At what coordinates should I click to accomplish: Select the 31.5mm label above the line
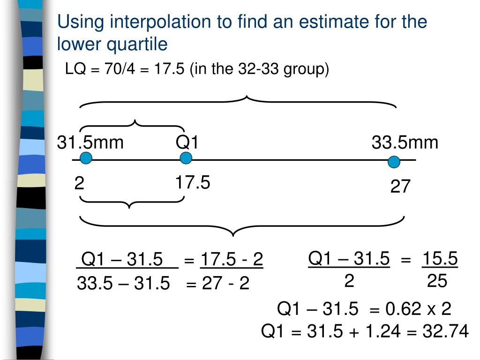(x=90, y=142)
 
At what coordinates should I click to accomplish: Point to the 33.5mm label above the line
(x=405, y=142)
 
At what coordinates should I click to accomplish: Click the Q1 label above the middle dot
(x=187, y=142)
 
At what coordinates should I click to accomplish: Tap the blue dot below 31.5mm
(x=86, y=159)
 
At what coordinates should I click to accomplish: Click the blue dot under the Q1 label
(x=186, y=158)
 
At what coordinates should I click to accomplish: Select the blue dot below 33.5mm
(x=394, y=163)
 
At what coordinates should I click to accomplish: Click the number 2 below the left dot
(x=79, y=183)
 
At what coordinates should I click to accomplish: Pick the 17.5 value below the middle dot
(x=193, y=182)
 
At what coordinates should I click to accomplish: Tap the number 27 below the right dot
(x=400, y=187)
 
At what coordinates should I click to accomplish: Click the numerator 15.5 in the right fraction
(x=440, y=258)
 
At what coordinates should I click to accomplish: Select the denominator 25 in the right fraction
(x=437, y=281)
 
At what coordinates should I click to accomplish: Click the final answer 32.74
(x=445, y=331)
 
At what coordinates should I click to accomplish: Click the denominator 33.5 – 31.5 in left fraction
(x=123, y=283)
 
